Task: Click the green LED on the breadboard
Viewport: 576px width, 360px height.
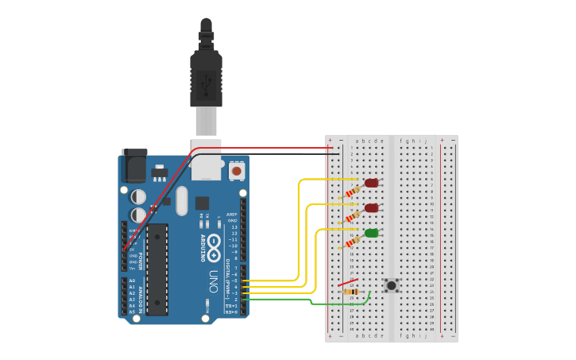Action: tap(371, 233)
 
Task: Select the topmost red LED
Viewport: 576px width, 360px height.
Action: tap(371, 183)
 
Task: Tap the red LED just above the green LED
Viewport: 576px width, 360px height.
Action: tap(371, 208)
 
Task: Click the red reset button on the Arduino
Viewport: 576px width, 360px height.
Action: tap(236, 170)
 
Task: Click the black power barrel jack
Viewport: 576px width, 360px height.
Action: tap(134, 165)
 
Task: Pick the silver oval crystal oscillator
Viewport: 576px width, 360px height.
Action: tap(182, 201)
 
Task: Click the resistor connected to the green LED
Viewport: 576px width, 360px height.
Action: tap(353, 241)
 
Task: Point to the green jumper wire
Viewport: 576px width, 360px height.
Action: tap(318, 303)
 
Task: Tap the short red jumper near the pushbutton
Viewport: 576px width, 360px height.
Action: tap(347, 281)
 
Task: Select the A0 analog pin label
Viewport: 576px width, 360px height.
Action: tap(132, 281)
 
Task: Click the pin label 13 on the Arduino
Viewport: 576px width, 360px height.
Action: tap(233, 226)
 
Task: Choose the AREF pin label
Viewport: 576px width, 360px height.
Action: tap(231, 214)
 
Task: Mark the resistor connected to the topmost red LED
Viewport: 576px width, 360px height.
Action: tap(353, 191)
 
